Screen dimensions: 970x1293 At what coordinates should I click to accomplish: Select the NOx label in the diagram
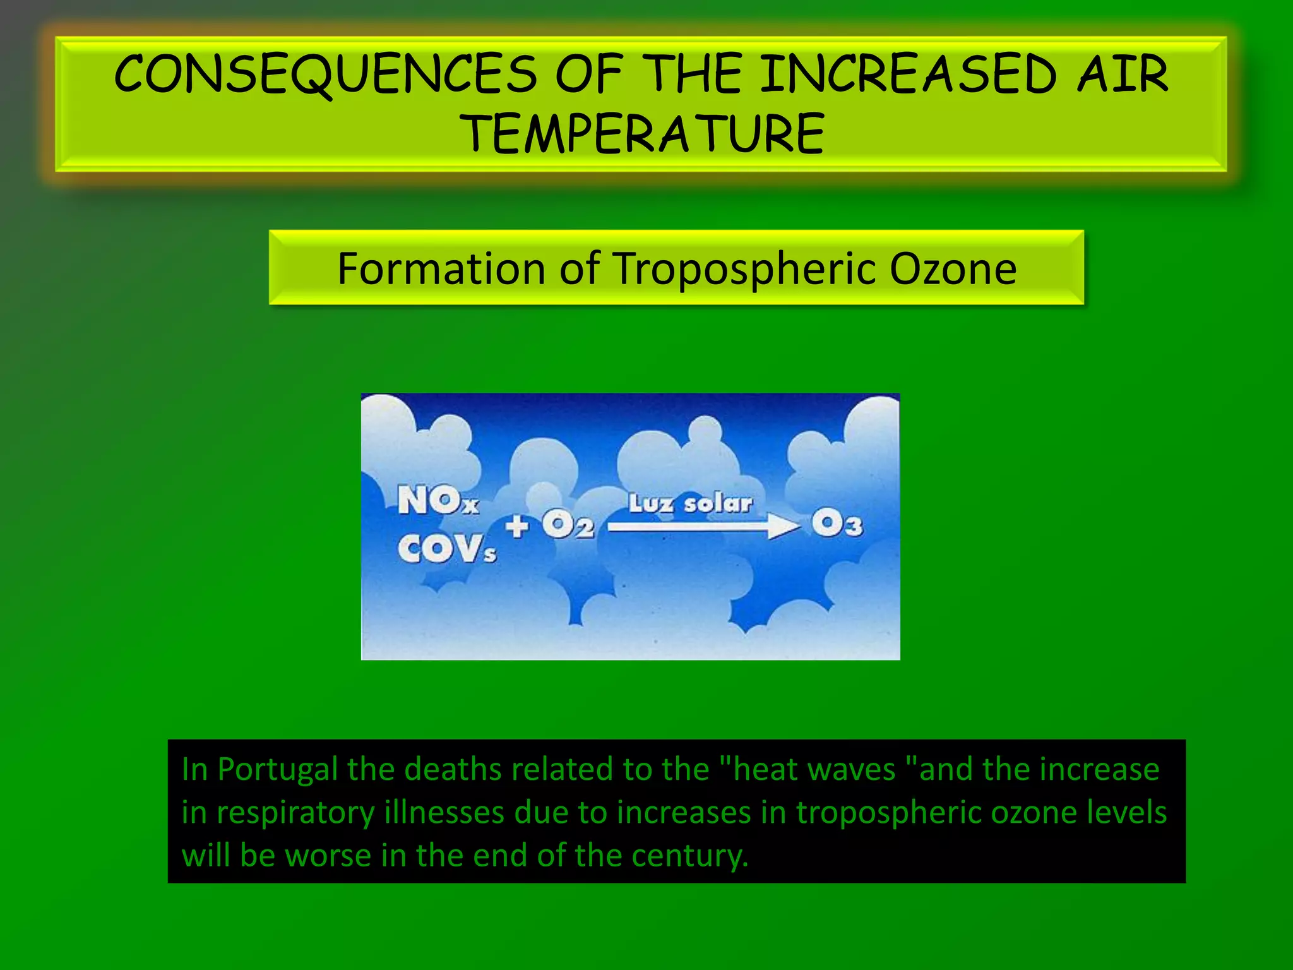click(x=438, y=501)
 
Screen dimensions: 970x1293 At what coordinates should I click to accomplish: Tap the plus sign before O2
click(x=517, y=525)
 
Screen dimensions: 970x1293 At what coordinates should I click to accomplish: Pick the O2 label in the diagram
click(x=568, y=525)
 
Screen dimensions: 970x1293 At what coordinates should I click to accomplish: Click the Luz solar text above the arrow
click(x=690, y=503)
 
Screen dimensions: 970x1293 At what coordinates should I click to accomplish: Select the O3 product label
click(x=837, y=524)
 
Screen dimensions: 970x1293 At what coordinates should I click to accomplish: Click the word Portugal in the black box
click(x=277, y=770)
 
